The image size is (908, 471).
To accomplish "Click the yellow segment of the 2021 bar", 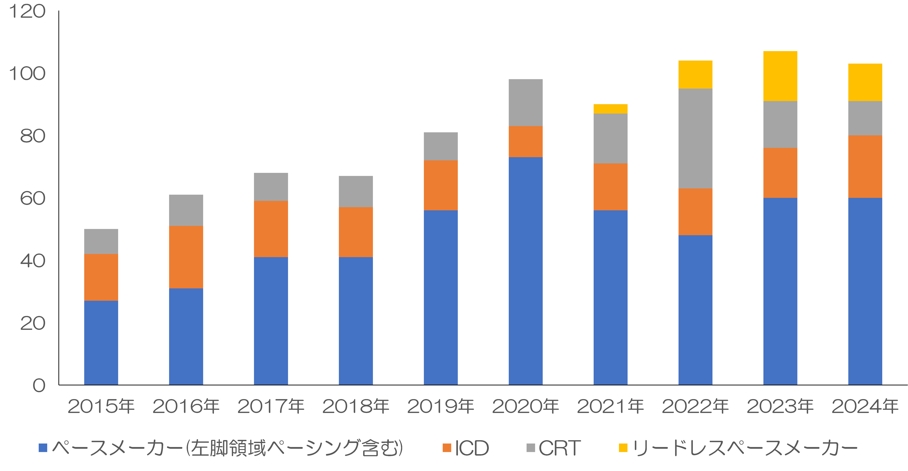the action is [x=611, y=109].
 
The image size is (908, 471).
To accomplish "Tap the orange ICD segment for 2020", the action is [x=526, y=142].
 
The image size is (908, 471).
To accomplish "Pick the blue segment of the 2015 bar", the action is [x=101, y=343].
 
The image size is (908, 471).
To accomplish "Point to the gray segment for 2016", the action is [x=186, y=210].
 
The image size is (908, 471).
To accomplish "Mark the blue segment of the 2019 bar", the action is [x=441, y=297].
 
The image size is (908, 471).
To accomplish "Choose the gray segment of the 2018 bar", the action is [x=356, y=192].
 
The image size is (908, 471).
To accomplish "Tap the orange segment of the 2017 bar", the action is [x=271, y=229].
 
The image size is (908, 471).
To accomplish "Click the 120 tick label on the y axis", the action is [x=27, y=11].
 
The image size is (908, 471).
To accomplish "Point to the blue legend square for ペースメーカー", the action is [x=43, y=448].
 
